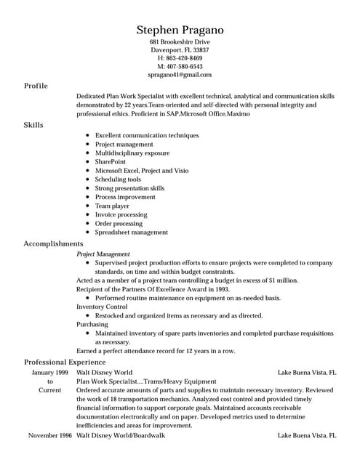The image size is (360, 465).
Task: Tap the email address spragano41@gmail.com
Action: coord(180,75)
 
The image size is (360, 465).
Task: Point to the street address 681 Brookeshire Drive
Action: coord(180,42)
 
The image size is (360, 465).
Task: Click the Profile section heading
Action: coord(36,86)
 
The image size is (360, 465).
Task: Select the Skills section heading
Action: coord(33,125)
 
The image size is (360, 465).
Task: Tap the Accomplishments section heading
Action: coord(53,243)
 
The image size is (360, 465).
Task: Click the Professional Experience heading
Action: coord(65,362)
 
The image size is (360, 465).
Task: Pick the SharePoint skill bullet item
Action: coord(111,162)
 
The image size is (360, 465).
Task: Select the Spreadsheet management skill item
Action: coord(131,232)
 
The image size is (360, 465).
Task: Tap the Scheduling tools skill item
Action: coord(118,179)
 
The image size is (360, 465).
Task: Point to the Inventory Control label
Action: coord(101,307)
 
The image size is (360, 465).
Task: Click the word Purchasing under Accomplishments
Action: coord(92,324)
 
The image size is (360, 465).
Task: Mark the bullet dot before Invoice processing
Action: coord(87,215)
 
